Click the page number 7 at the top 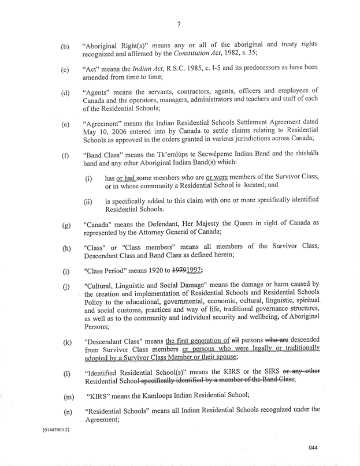180,24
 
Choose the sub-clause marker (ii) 89,202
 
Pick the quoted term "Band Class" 106,155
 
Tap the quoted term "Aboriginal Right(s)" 119,45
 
